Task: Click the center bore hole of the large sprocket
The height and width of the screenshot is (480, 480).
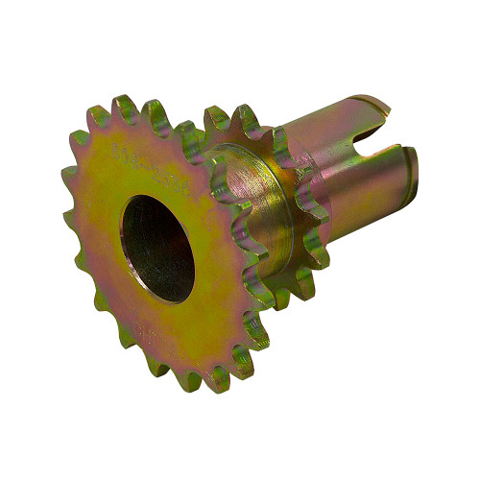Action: pos(157,247)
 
